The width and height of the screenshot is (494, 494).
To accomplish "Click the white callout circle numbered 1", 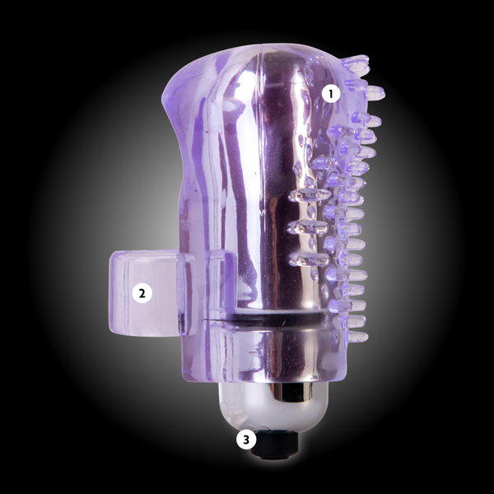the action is click(331, 94).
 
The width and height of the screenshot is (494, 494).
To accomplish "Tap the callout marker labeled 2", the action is click(142, 293).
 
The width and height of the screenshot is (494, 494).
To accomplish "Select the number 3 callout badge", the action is click(246, 439).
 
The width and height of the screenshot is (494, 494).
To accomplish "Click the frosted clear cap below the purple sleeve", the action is click(273, 407).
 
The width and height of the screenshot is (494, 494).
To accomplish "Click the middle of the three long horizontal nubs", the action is click(307, 227).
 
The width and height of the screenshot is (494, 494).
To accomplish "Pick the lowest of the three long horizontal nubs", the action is click(310, 259).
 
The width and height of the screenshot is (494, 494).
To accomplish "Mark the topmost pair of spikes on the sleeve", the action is click(356, 62).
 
